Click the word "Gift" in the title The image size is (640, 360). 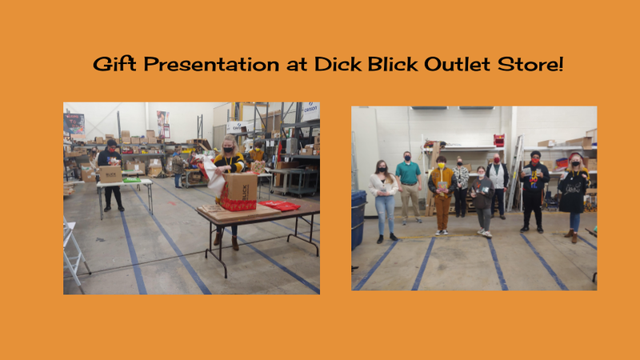tap(114, 64)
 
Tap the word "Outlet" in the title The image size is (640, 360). tap(457, 64)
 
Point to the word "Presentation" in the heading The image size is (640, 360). tap(211, 64)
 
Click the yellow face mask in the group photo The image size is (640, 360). tap(441, 166)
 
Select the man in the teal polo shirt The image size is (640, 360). tap(409, 187)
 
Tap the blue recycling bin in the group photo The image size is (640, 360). tap(358, 219)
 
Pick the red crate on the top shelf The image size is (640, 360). tap(498, 140)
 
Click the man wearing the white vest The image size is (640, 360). tap(497, 186)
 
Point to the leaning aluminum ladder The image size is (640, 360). tap(515, 173)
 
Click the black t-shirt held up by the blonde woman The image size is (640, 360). tap(573, 192)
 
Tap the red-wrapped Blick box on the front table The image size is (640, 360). tap(238, 192)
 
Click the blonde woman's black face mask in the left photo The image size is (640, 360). tap(228, 150)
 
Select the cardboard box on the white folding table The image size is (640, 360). tap(110, 174)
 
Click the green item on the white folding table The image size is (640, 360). tap(131, 180)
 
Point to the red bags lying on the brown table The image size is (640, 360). tap(279, 206)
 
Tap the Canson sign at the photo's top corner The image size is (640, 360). tap(311, 110)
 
